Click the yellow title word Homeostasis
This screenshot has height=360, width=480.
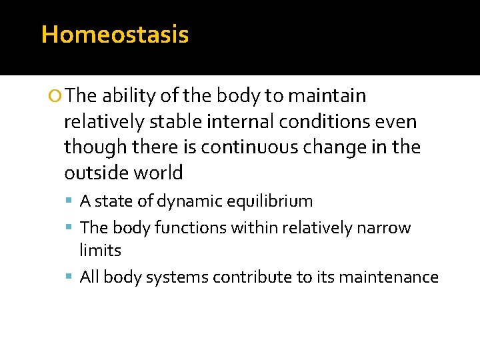[x=115, y=35]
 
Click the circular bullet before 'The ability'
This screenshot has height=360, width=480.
[x=57, y=97]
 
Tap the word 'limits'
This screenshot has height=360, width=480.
[x=101, y=251]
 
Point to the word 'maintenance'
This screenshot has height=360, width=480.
[x=389, y=277]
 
